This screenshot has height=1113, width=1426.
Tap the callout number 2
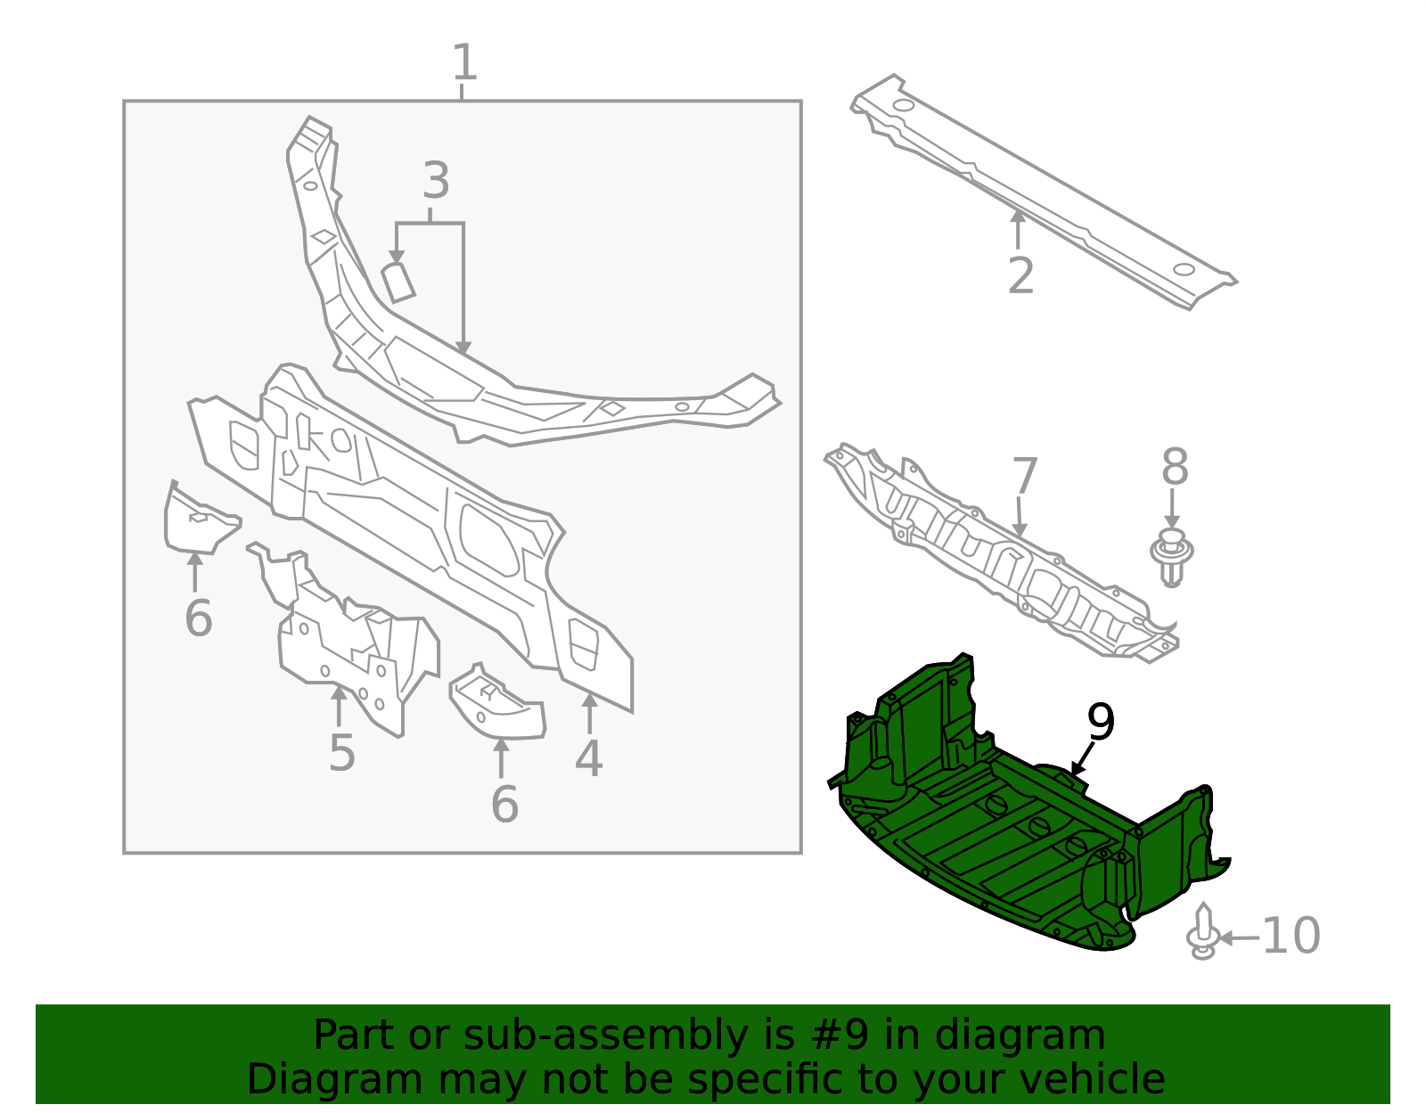point(1020,275)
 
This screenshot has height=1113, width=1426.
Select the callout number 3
point(435,181)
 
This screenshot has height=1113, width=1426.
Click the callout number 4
point(588,758)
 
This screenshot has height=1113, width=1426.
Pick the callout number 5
point(341,753)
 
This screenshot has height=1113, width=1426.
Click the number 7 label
point(1025,477)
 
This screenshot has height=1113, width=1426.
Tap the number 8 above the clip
point(1175,467)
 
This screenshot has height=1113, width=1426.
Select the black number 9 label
point(1101,722)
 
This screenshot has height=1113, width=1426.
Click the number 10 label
point(1291,936)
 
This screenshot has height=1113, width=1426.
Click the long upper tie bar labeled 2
point(1043,192)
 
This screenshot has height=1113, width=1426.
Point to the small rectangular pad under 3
point(398,282)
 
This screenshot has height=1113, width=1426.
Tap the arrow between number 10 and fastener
point(1240,937)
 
